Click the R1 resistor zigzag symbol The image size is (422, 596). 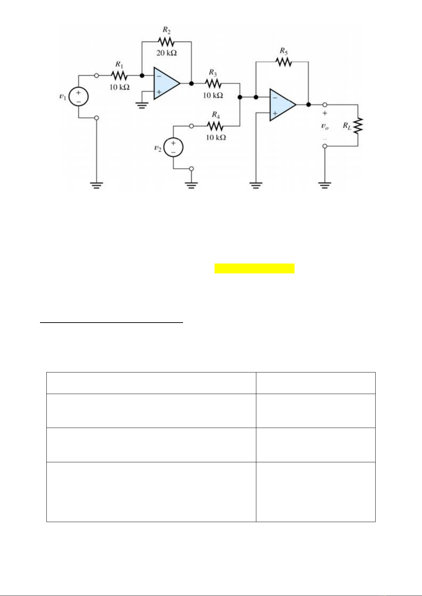(119, 75)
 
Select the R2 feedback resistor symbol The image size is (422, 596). (166, 42)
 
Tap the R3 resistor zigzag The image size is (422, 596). (213, 83)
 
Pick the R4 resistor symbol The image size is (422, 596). (215, 126)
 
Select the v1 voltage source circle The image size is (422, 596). (78, 97)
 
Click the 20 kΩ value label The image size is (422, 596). (166, 53)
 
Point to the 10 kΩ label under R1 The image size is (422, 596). (119, 87)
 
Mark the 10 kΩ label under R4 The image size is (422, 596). (216, 137)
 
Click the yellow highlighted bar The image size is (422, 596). (254, 268)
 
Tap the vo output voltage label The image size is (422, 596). (325, 126)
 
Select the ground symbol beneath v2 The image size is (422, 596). (192, 185)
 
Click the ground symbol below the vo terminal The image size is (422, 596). (325, 185)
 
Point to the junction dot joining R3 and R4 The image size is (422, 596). (240, 97)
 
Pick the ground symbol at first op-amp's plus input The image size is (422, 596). (142, 105)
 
